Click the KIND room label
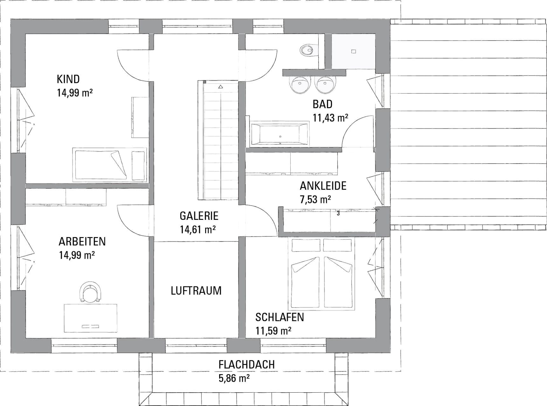(x=68, y=79)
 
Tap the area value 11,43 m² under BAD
(x=330, y=118)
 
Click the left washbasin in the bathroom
(x=300, y=84)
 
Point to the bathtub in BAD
(x=280, y=134)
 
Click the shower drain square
(x=353, y=51)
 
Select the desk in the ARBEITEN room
(x=90, y=318)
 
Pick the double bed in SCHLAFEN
(x=321, y=274)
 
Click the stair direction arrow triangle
(x=221, y=87)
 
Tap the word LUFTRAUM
(x=196, y=290)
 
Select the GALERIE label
(x=199, y=216)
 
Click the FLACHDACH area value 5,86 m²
(x=234, y=378)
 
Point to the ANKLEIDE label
(x=323, y=186)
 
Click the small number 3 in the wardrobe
(x=338, y=213)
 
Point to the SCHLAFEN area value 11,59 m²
(x=273, y=331)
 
